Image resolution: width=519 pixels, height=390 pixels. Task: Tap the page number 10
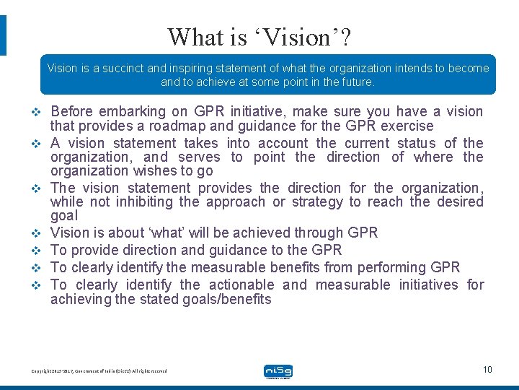pyautogui.click(x=487, y=370)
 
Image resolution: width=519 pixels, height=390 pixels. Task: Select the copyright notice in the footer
pyautogui.click(x=99, y=370)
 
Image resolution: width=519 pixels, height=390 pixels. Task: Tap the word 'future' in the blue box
pyautogui.click(x=357, y=82)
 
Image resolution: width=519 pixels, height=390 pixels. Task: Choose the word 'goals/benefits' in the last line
pyautogui.click(x=228, y=299)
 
